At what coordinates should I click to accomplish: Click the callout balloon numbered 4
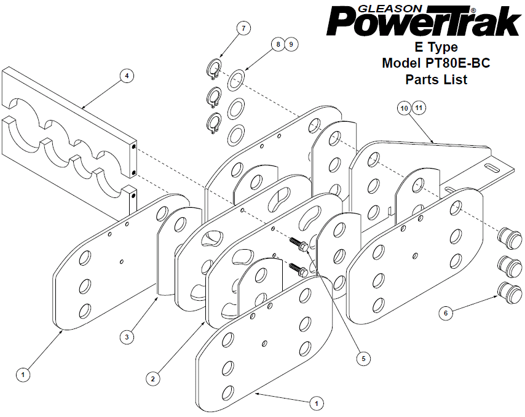pyautogui.click(x=127, y=76)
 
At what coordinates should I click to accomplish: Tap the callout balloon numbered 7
pyautogui.click(x=243, y=28)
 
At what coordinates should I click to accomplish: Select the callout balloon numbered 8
pyautogui.click(x=278, y=44)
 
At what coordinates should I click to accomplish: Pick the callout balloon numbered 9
pyautogui.click(x=291, y=44)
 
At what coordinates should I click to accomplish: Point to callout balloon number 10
pyautogui.click(x=404, y=108)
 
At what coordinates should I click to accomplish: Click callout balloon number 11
pyautogui.click(x=419, y=108)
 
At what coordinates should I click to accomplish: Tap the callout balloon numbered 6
pyautogui.click(x=446, y=313)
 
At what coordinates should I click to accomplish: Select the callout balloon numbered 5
pyautogui.click(x=363, y=359)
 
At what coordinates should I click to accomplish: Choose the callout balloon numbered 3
pyautogui.click(x=127, y=336)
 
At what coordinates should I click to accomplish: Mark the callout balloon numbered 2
pyautogui.click(x=152, y=379)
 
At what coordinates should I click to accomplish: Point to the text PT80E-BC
pyautogui.click(x=457, y=63)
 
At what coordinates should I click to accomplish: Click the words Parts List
pyautogui.click(x=436, y=79)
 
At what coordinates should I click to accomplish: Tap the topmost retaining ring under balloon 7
pyautogui.click(x=213, y=69)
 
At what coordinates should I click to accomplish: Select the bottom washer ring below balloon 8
pyautogui.click(x=235, y=135)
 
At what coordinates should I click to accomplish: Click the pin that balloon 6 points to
pyautogui.click(x=510, y=292)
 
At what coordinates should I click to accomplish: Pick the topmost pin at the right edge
pyautogui.click(x=510, y=238)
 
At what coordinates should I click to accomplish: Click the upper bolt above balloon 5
pyautogui.click(x=299, y=244)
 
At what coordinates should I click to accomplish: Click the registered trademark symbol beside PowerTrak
pyautogui.click(x=473, y=10)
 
